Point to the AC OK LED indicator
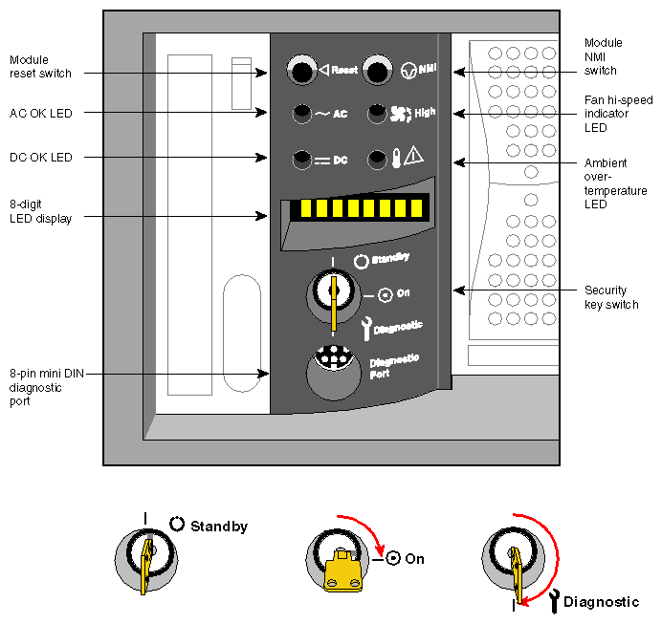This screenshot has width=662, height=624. click(x=303, y=113)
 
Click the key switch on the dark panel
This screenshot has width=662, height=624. click(x=331, y=292)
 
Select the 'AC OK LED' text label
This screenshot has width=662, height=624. click(x=41, y=113)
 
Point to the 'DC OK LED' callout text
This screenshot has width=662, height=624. click(x=41, y=157)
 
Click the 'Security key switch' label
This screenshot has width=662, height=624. click(x=611, y=297)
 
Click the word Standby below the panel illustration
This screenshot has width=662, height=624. click(x=219, y=527)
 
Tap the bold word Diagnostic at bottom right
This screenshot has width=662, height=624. click(x=601, y=602)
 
